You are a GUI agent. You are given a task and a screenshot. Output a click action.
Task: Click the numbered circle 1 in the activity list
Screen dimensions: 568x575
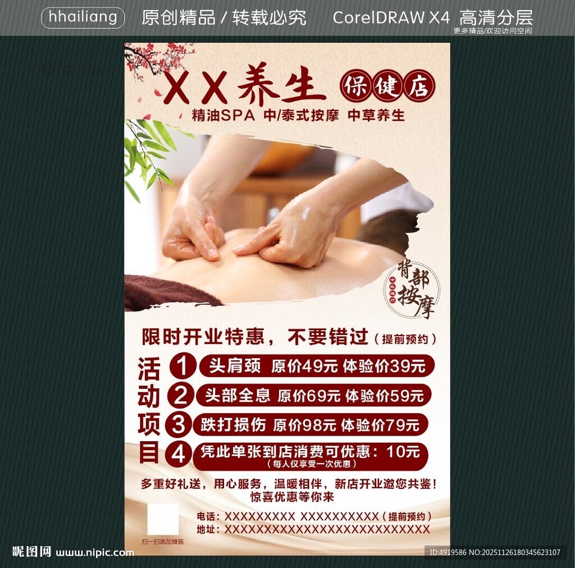click(182, 366)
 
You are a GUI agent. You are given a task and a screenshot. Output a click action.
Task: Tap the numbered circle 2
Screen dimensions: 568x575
click(181, 395)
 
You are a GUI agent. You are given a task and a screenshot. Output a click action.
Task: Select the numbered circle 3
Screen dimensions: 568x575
click(179, 425)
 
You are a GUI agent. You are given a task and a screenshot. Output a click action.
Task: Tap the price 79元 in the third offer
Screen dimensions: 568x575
click(403, 425)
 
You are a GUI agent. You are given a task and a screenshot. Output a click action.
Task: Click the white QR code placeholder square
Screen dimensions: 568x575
click(163, 519)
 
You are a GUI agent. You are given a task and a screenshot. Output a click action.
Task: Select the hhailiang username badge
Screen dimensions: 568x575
click(83, 17)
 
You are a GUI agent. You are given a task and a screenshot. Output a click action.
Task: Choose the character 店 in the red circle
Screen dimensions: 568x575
click(418, 86)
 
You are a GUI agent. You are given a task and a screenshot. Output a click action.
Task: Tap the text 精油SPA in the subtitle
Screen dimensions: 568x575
click(223, 116)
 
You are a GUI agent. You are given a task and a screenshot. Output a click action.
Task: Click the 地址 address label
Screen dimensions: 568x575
click(206, 529)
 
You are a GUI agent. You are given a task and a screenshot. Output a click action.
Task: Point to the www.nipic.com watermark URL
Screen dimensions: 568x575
click(95, 552)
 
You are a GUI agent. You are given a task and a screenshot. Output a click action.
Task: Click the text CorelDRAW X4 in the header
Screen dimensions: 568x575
click(391, 17)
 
